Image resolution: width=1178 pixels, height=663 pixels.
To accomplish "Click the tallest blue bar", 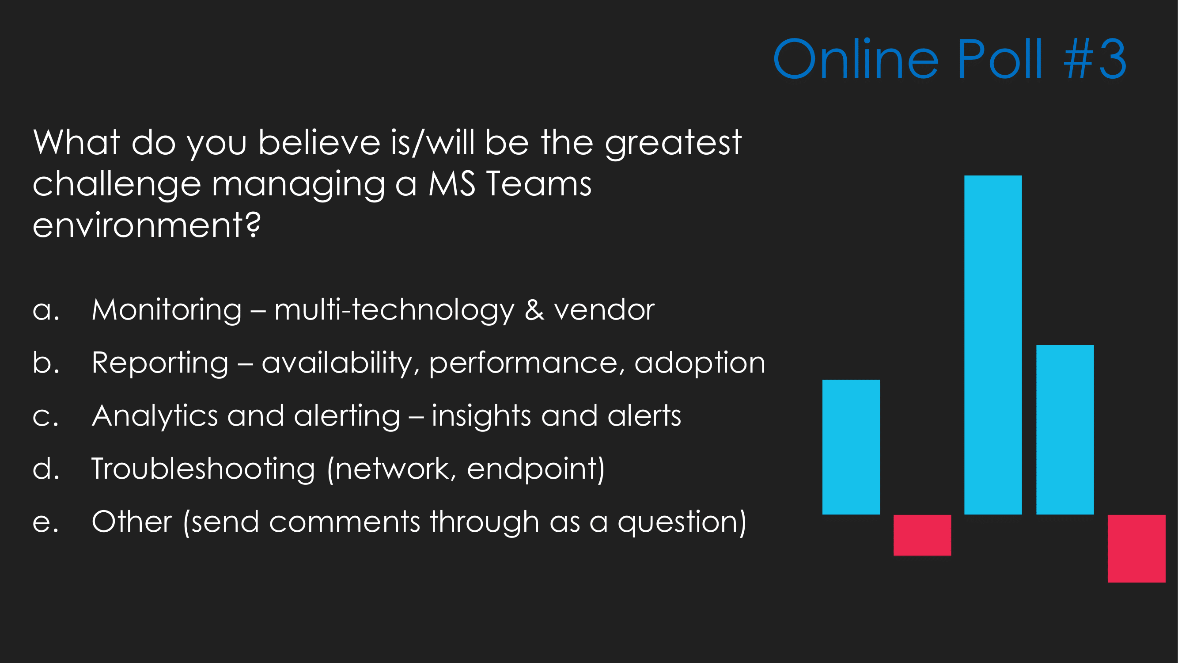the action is point(993,345).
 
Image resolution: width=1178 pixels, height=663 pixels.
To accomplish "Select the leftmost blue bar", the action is point(851,447).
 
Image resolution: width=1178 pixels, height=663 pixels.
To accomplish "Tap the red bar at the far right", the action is point(1136,549).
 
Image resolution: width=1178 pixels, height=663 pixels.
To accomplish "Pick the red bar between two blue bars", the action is point(922,535).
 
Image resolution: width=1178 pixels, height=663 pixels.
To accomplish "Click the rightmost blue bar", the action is point(1065,430).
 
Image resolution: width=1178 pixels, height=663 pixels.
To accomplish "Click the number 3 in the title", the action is point(1113,59).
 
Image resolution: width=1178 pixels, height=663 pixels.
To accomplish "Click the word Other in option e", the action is point(132,522).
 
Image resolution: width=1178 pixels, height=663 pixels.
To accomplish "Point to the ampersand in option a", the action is point(534,310).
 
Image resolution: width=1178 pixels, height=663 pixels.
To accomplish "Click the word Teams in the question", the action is point(539,183).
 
